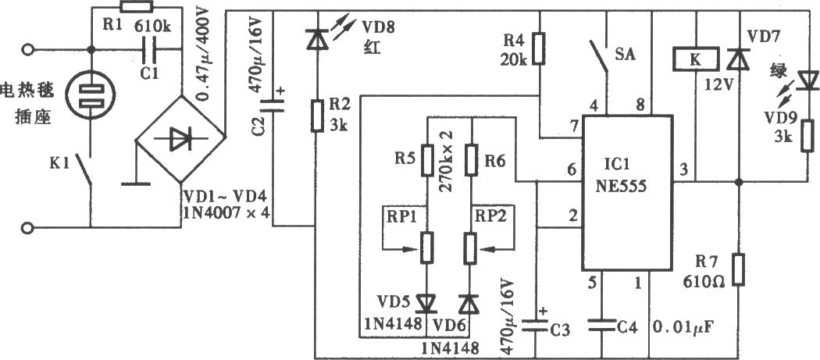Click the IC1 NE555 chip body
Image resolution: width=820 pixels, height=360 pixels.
coord(627,194)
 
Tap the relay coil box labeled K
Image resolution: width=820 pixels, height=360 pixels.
coord(694,59)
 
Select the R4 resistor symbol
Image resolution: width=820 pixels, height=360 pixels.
coord(539,49)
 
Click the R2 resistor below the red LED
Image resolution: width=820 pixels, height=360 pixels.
coord(316,116)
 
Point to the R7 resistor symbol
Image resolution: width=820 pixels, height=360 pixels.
coord(738,269)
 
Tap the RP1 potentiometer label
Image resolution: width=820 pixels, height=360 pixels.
coord(399,215)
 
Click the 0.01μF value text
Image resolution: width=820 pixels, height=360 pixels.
coord(683,329)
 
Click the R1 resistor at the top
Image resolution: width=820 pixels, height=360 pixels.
coord(137,7)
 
